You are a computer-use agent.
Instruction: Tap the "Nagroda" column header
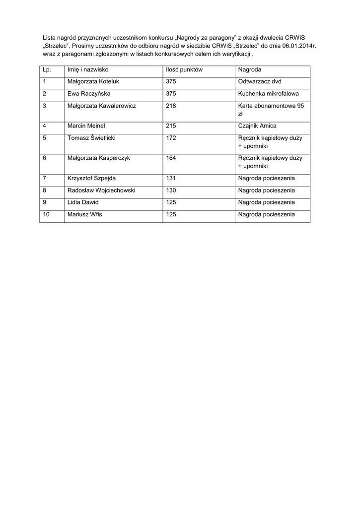249,70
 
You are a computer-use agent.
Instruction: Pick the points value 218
171,106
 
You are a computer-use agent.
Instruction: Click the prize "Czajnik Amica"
257,126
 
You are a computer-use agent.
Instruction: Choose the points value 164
171,158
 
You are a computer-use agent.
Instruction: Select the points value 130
171,190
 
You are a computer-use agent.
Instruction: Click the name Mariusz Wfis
84,215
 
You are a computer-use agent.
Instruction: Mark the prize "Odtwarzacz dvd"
260,81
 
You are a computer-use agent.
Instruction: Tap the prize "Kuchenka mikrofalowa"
268,93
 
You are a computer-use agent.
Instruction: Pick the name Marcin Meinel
86,126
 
